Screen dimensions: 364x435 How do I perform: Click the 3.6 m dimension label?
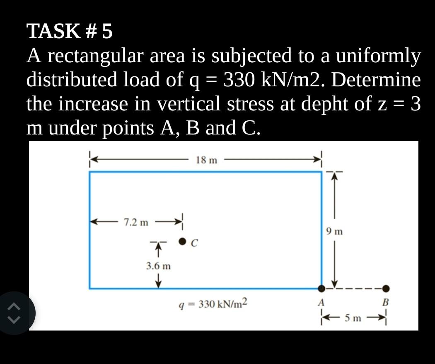158,266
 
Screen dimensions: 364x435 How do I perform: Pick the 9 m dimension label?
334,232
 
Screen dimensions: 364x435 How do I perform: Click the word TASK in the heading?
53,32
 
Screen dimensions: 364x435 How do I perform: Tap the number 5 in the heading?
107,32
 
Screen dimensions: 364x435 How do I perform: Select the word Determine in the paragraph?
375,80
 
